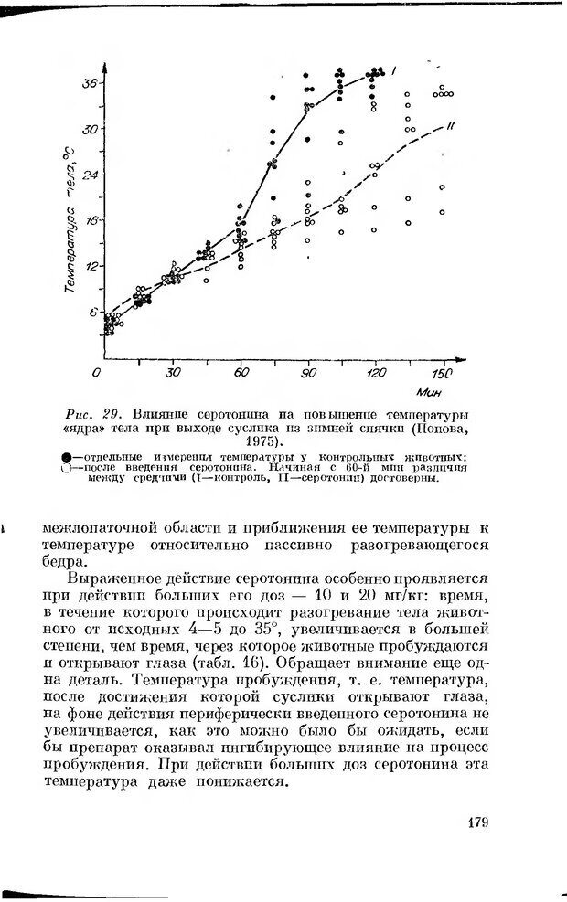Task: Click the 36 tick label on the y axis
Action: (90, 83)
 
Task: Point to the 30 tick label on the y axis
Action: (90, 129)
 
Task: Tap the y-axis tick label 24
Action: (90, 174)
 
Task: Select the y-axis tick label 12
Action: (90, 266)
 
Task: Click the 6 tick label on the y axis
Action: (91, 311)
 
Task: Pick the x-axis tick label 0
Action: (98, 373)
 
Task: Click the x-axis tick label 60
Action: (241, 373)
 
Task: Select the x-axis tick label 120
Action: (373, 373)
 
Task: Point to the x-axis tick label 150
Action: (442, 374)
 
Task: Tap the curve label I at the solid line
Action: (393, 70)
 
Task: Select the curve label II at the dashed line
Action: (451, 122)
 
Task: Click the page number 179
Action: (479, 822)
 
